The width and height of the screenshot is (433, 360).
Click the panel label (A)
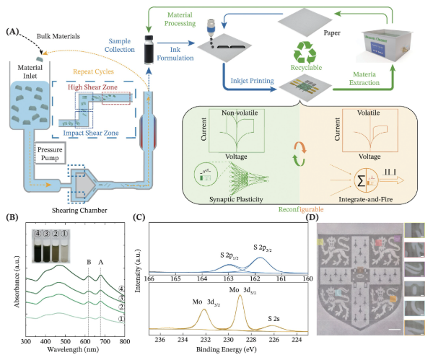[12, 32]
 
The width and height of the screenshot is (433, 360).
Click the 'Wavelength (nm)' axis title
[74, 348]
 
